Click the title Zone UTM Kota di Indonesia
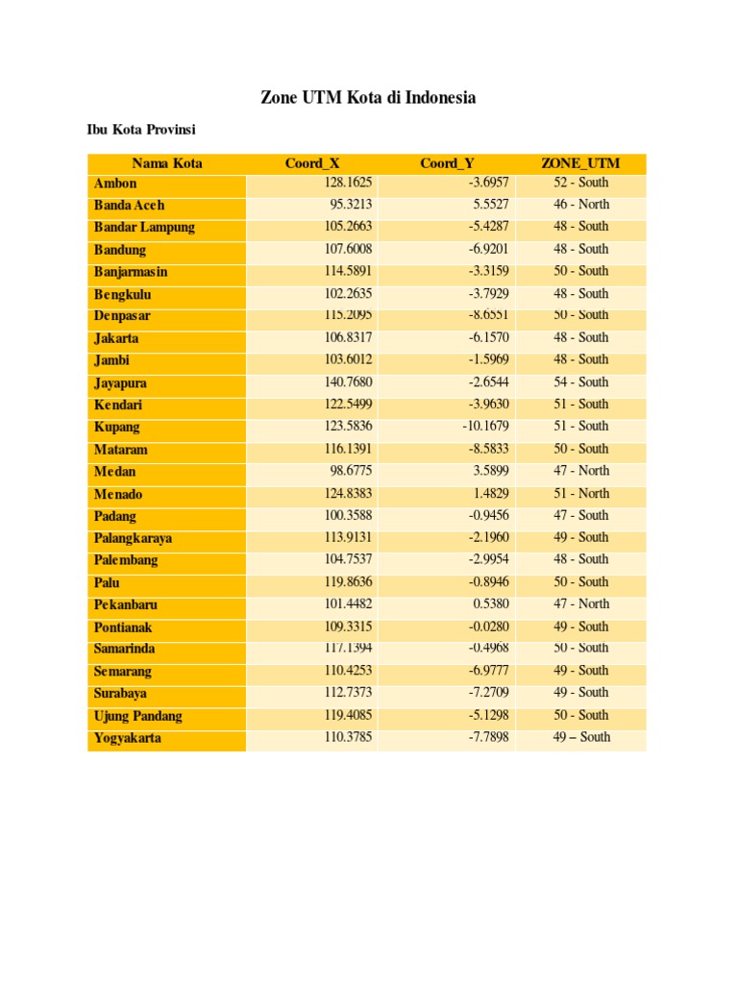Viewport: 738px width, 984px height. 368,98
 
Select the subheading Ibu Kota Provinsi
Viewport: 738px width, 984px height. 141,130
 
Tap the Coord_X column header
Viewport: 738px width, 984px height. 312,163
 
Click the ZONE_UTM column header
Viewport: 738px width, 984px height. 580,163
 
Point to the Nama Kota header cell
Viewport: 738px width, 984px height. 167,163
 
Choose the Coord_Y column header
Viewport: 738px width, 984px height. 447,163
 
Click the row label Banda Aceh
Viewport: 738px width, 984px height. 130,205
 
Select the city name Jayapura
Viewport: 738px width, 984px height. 120,382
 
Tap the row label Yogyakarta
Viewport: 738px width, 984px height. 128,738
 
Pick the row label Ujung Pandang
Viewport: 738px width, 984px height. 137,716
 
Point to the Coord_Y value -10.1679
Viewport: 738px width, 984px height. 483,427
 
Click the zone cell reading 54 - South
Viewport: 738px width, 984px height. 580,382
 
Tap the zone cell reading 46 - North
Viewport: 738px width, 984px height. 580,205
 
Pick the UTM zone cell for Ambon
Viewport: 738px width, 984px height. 580,183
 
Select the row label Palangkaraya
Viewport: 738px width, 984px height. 133,538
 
